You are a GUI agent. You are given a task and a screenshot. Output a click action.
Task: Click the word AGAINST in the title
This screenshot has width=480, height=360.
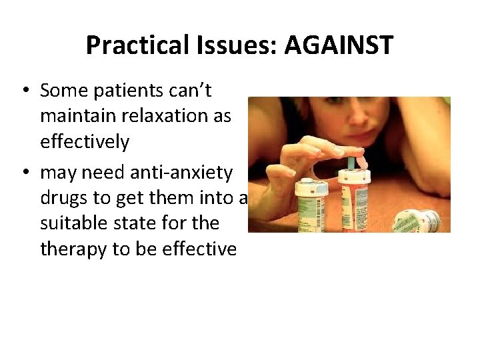(x=339, y=45)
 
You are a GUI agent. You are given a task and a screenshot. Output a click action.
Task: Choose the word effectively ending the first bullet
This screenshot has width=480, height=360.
(x=85, y=141)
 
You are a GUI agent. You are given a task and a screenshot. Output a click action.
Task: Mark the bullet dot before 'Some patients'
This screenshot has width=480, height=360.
(x=25, y=90)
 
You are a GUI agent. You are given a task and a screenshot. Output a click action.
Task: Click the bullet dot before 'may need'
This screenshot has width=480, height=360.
(x=25, y=173)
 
